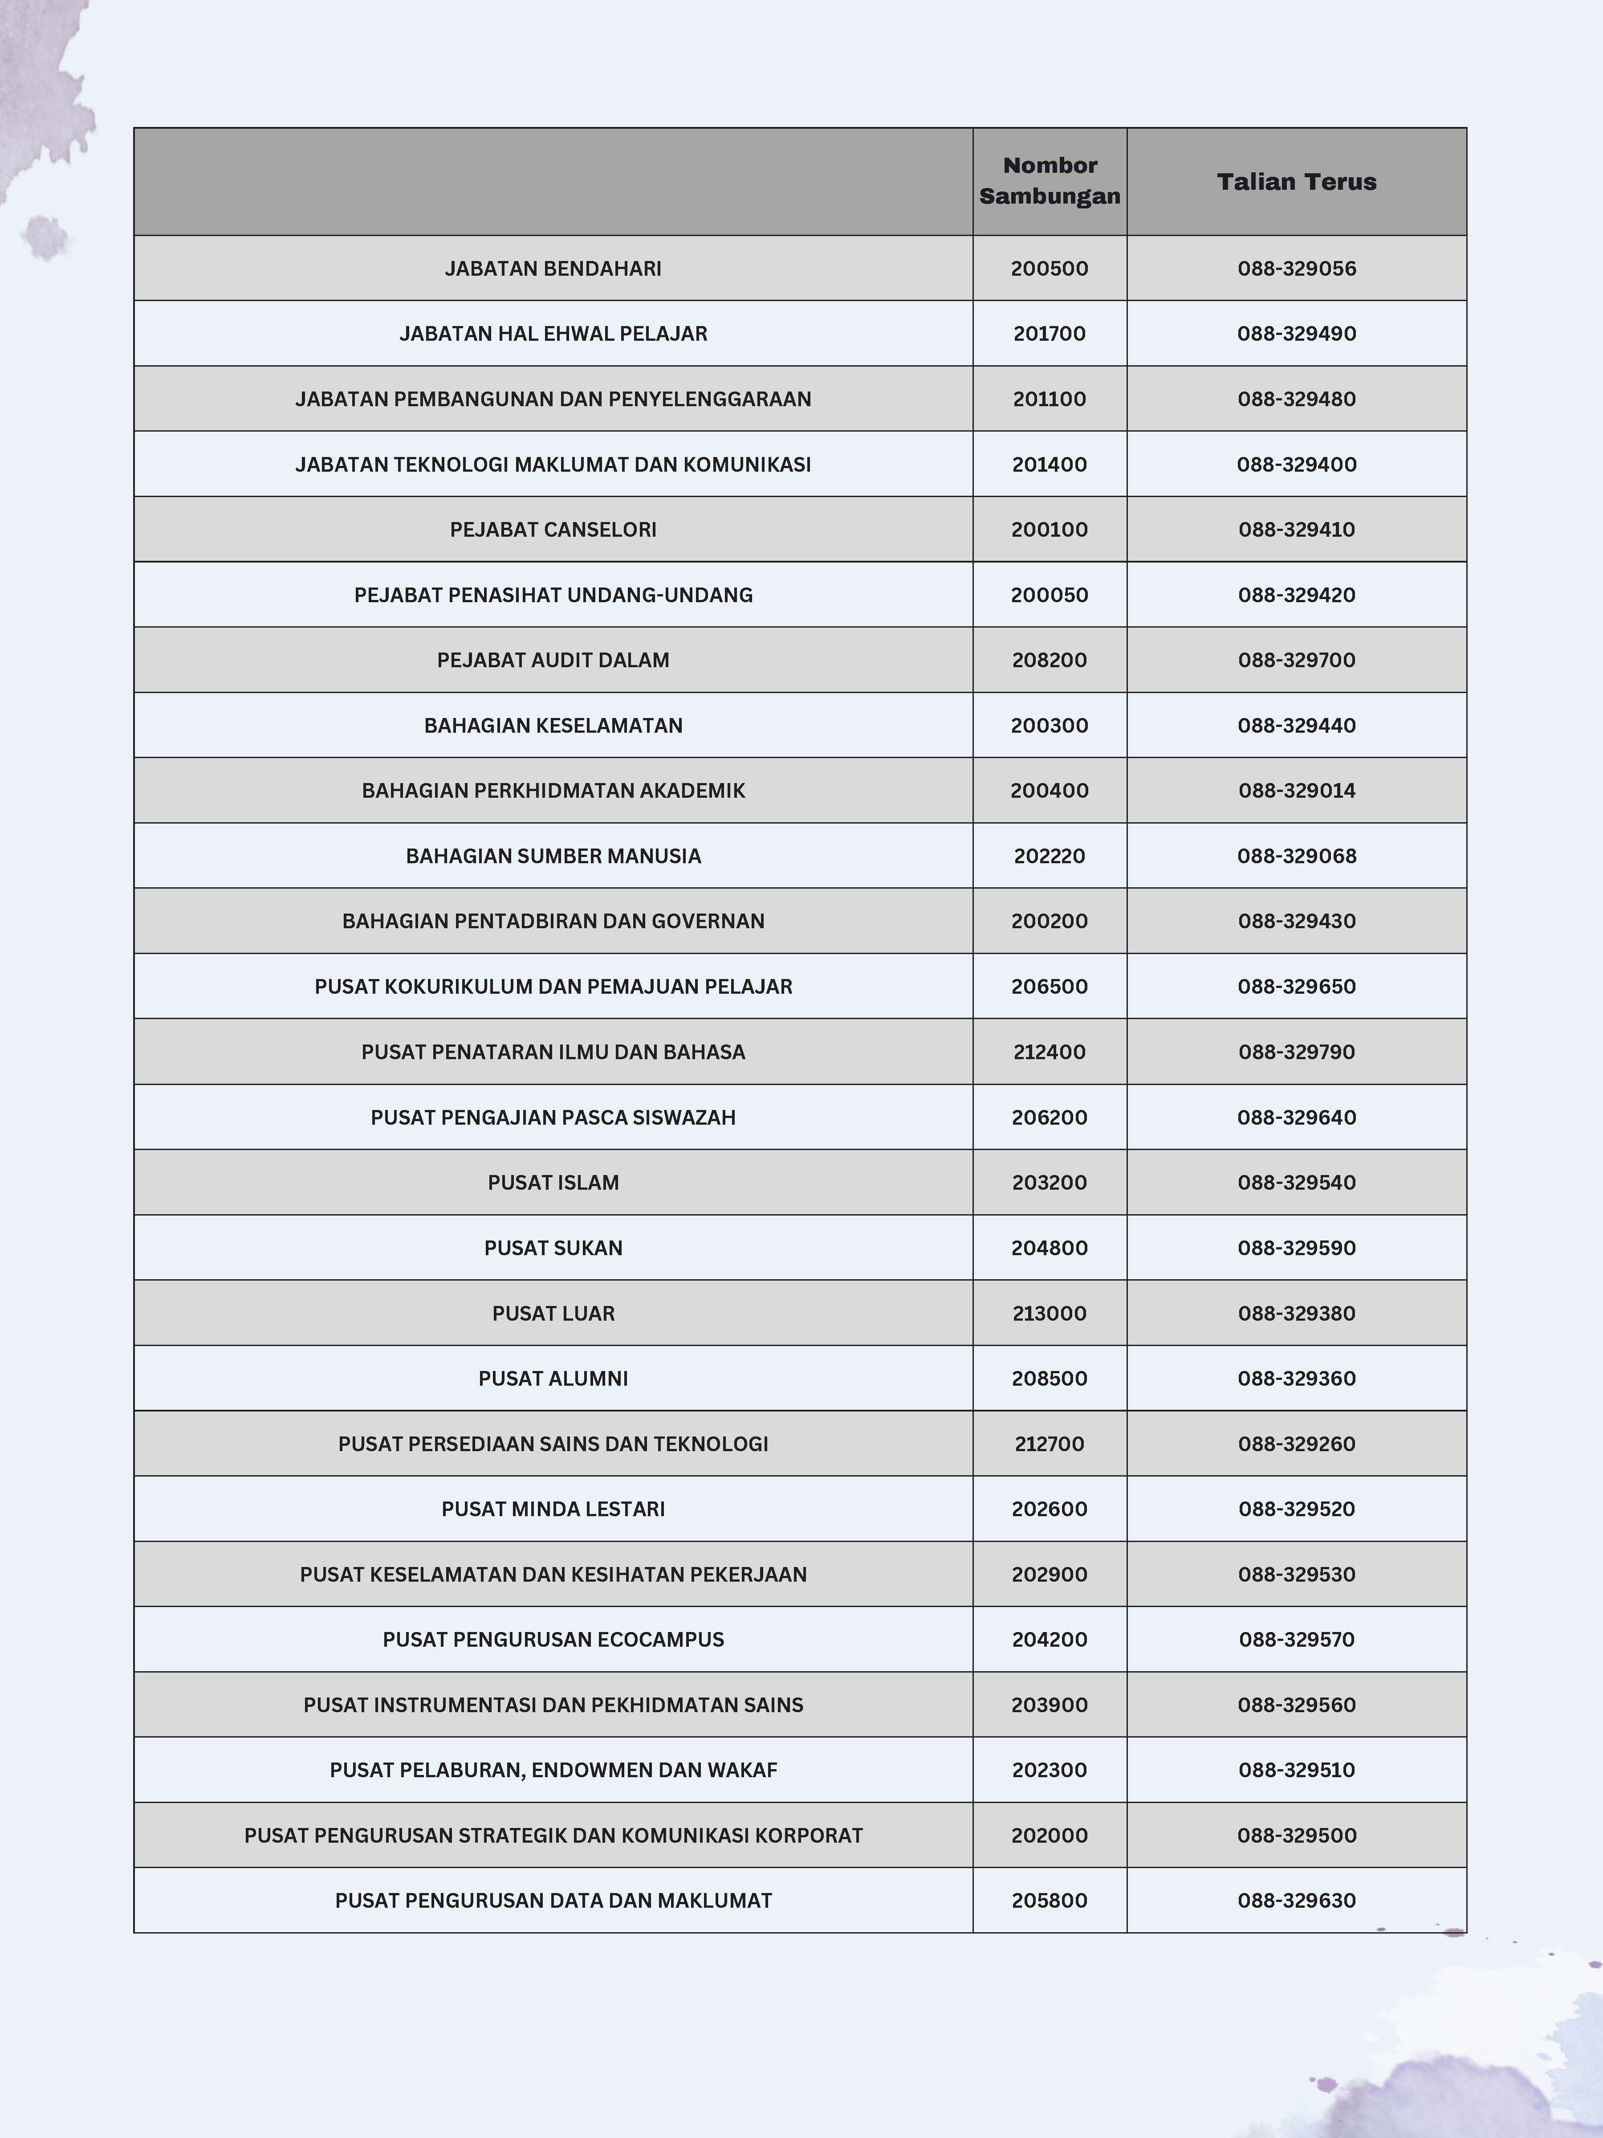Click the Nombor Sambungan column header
(x=1050, y=181)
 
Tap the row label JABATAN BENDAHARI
(x=553, y=269)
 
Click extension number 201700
(x=1050, y=334)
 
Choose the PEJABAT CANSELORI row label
(x=553, y=530)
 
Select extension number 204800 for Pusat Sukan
(x=1050, y=1248)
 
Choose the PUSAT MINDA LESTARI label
(x=553, y=1509)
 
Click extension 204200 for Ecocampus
(x=1050, y=1639)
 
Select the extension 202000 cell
(x=1050, y=1836)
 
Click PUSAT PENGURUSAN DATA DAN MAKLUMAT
(x=553, y=1900)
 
